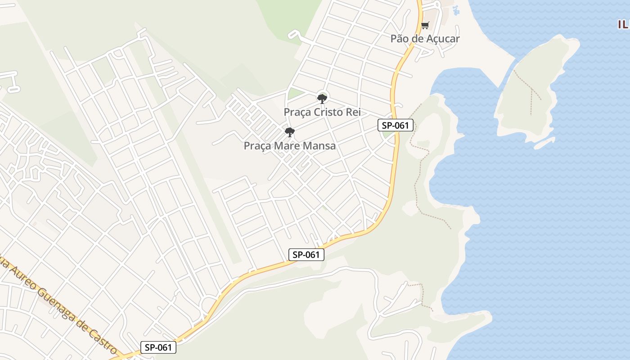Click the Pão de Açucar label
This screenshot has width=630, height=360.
click(x=425, y=39)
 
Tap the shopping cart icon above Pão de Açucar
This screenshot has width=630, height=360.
click(x=425, y=25)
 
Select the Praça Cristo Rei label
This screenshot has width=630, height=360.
click(x=322, y=112)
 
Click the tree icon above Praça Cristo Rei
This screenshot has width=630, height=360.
click(x=322, y=99)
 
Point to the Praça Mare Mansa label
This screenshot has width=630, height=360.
click(x=289, y=146)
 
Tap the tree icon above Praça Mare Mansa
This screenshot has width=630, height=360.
click(x=290, y=132)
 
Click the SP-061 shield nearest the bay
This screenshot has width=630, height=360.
click(x=395, y=126)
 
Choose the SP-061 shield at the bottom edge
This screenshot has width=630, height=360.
click(x=158, y=347)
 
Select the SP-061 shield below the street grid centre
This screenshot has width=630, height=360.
click(x=306, y=255)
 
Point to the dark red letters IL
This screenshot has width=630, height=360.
click(x=623, y=24)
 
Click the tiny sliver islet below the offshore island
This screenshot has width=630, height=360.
click(x=544, y=143)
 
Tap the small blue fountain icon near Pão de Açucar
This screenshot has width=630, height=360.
click(x=455, y=10)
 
